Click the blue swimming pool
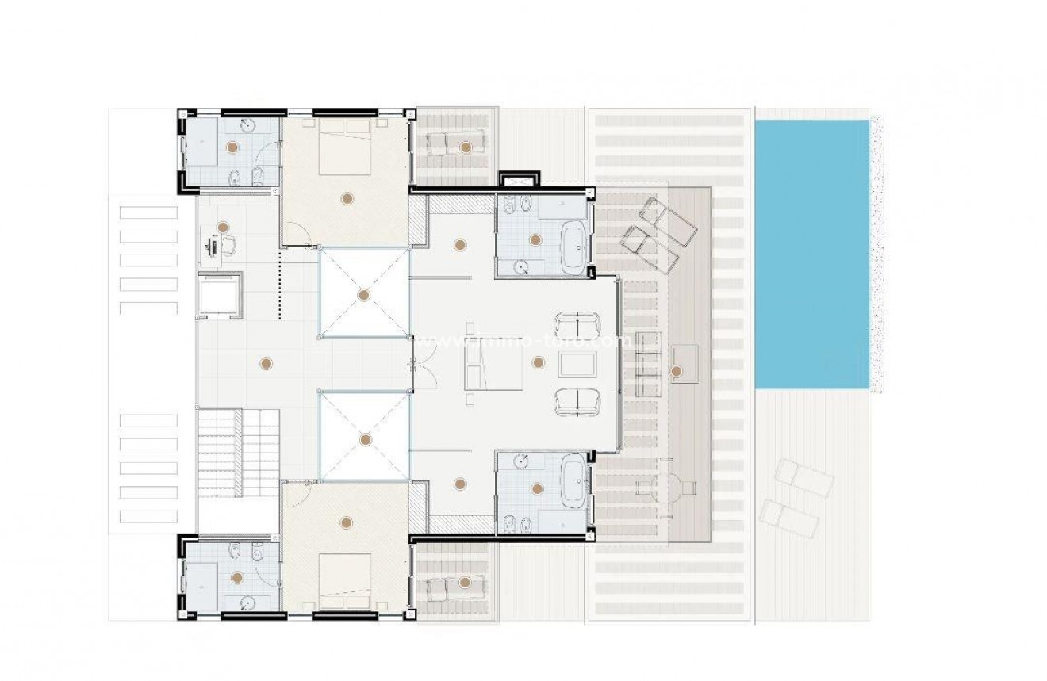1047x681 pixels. coord(811,254)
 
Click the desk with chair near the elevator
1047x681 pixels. coord(216,247)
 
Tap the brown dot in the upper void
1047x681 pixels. coord(363,295)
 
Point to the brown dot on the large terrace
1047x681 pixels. coord(676,370)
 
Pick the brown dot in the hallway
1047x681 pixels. coord(266,363)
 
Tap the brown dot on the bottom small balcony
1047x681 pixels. coord(466,583)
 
